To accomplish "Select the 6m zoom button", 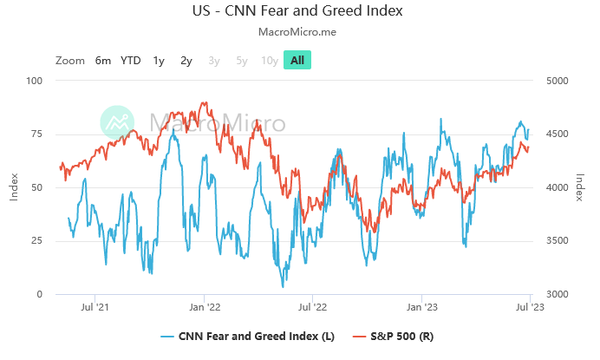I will (103, 60).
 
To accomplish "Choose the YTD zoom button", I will (130, 60).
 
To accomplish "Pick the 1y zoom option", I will (159, 60).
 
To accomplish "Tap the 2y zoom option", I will (186, 60).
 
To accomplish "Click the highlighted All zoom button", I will (297, 60).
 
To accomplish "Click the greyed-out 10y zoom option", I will (270, 60).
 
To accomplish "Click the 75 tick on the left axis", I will (36, 134).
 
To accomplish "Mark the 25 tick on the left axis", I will (36, 241).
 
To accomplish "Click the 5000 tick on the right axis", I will (557, 81).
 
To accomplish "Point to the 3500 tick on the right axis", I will (557, 241).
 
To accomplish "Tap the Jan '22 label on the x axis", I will (203, 306).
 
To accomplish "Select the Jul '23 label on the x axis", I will (530, 306).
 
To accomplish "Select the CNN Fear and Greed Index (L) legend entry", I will (249, 336).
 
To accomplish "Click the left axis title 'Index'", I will (14, 187).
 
